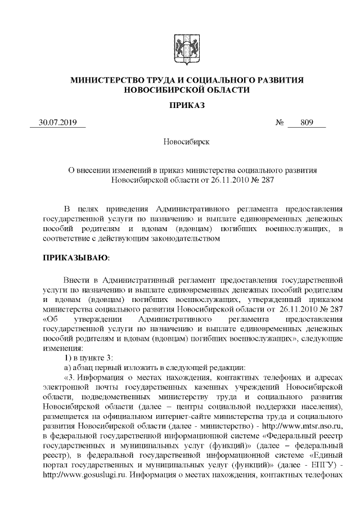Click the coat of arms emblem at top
point(179,46)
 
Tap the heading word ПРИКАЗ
point(179,105)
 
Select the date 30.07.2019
point(57,123)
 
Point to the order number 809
point(307,123)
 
